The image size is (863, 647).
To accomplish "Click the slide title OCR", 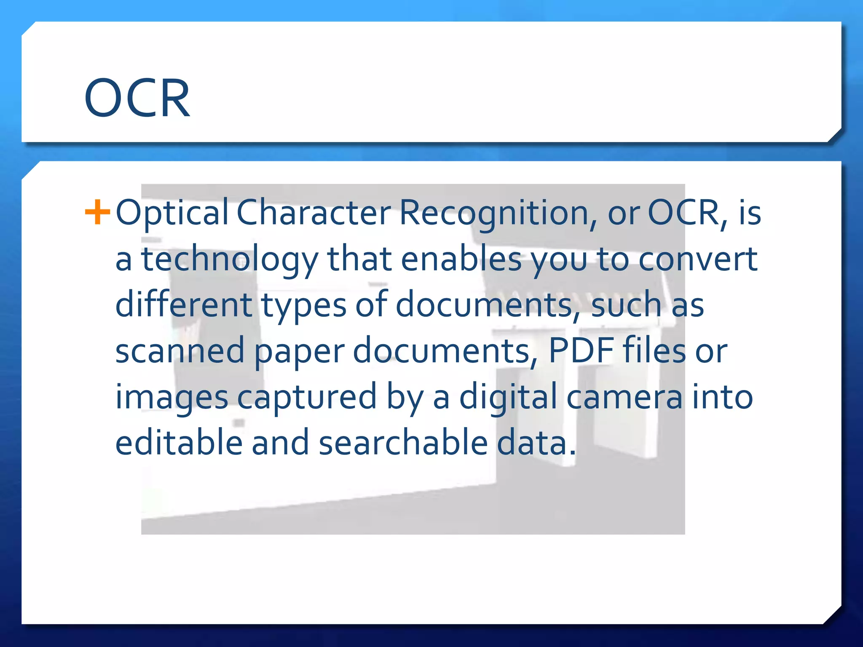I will tap(137, 99).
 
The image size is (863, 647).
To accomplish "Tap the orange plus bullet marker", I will tap(97, 212).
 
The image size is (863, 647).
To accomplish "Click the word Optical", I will tap(172, 213).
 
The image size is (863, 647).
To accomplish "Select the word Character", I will tap(314, 212).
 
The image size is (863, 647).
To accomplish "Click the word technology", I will tap(230, 259).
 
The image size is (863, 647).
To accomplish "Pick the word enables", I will tap(461, 259).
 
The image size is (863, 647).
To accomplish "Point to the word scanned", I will tap(180, 350).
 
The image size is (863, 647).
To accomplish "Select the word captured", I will tap(307, 398).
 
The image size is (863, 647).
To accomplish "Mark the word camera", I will tap(624, 397).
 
